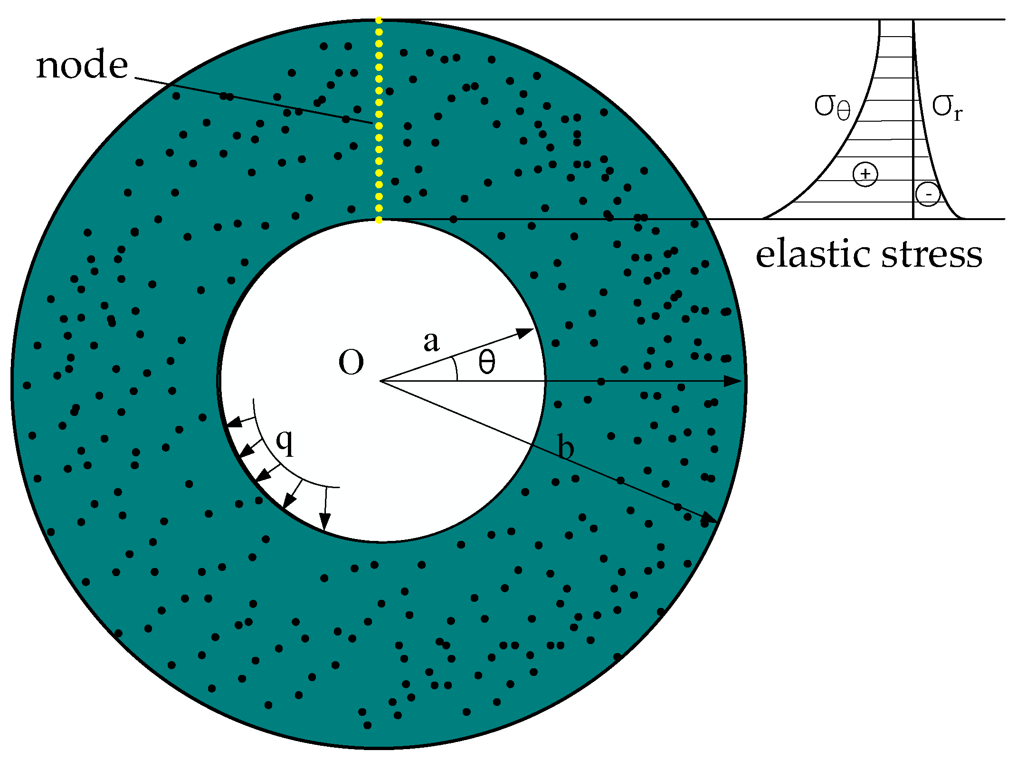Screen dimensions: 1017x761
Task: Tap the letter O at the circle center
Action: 351,362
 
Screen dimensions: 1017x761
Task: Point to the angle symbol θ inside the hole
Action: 486,362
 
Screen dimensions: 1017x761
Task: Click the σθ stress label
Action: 832,107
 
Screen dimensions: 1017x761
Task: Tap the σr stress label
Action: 947,107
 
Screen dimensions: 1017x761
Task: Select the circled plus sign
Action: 865,174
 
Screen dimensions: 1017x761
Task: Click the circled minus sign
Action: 928,194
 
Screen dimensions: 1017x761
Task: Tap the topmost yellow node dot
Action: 379,20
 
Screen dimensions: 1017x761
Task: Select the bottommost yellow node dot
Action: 379,220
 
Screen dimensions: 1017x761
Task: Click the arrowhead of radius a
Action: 526,332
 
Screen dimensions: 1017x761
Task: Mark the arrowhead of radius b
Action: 710,518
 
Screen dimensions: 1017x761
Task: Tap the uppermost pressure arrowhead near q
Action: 233,423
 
